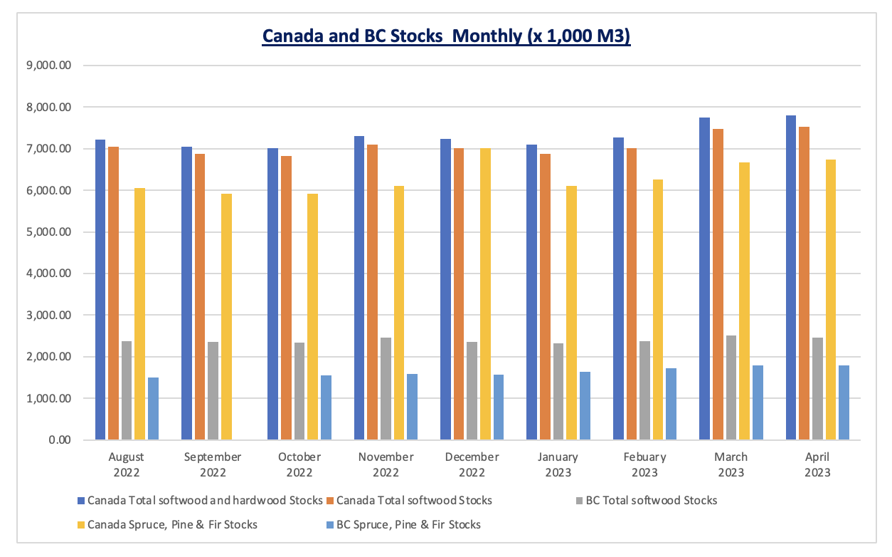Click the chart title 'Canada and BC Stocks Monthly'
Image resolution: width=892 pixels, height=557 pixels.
pos(446,36)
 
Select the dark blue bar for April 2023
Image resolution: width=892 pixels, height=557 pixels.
pos(791,278)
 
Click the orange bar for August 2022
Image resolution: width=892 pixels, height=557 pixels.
pos(113,293)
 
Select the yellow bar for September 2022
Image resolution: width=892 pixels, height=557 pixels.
pos(226,316)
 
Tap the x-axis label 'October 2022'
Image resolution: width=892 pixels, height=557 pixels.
pos(299,464)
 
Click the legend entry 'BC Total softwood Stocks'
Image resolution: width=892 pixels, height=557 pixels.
pos(651,500)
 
